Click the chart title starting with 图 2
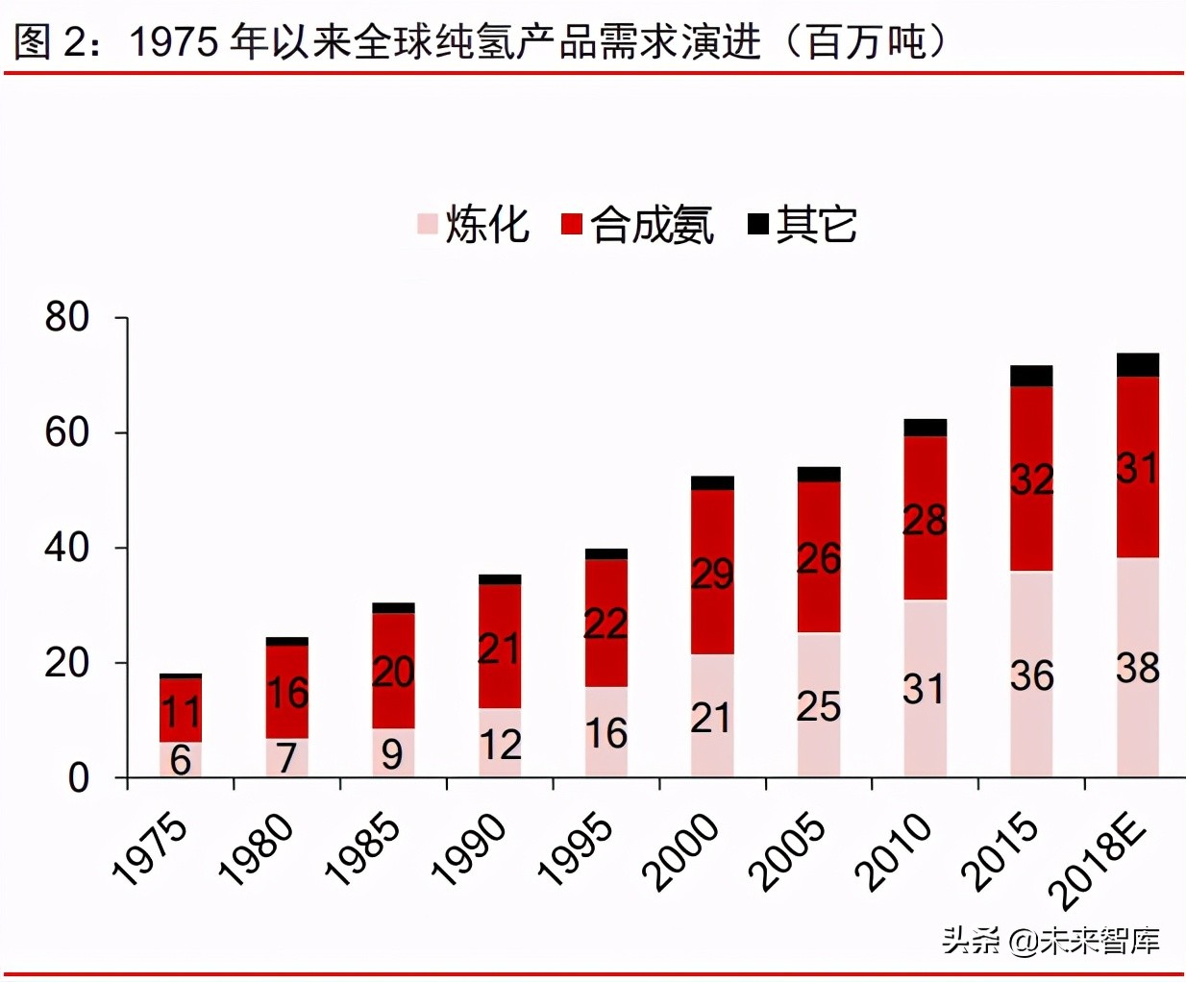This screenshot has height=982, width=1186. [x=481, y=40]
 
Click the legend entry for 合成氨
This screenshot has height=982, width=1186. [x=638, y=225]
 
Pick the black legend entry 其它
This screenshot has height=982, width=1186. [x=803, y=225]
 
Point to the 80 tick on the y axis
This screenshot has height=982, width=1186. [x=67, y=317]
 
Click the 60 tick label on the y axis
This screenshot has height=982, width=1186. [x=67, y=432]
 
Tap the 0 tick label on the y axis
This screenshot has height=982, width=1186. [x=79, y=777]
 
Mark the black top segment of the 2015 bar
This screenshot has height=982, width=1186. [x=1031, y=376]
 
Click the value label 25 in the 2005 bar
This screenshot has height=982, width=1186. [x=819, y=707]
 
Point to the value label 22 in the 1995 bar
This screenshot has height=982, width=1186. [x=605, y=625]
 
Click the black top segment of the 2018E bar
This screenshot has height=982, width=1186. [x=1138, y=365]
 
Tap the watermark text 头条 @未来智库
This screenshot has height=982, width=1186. [x=1050, y=940]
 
